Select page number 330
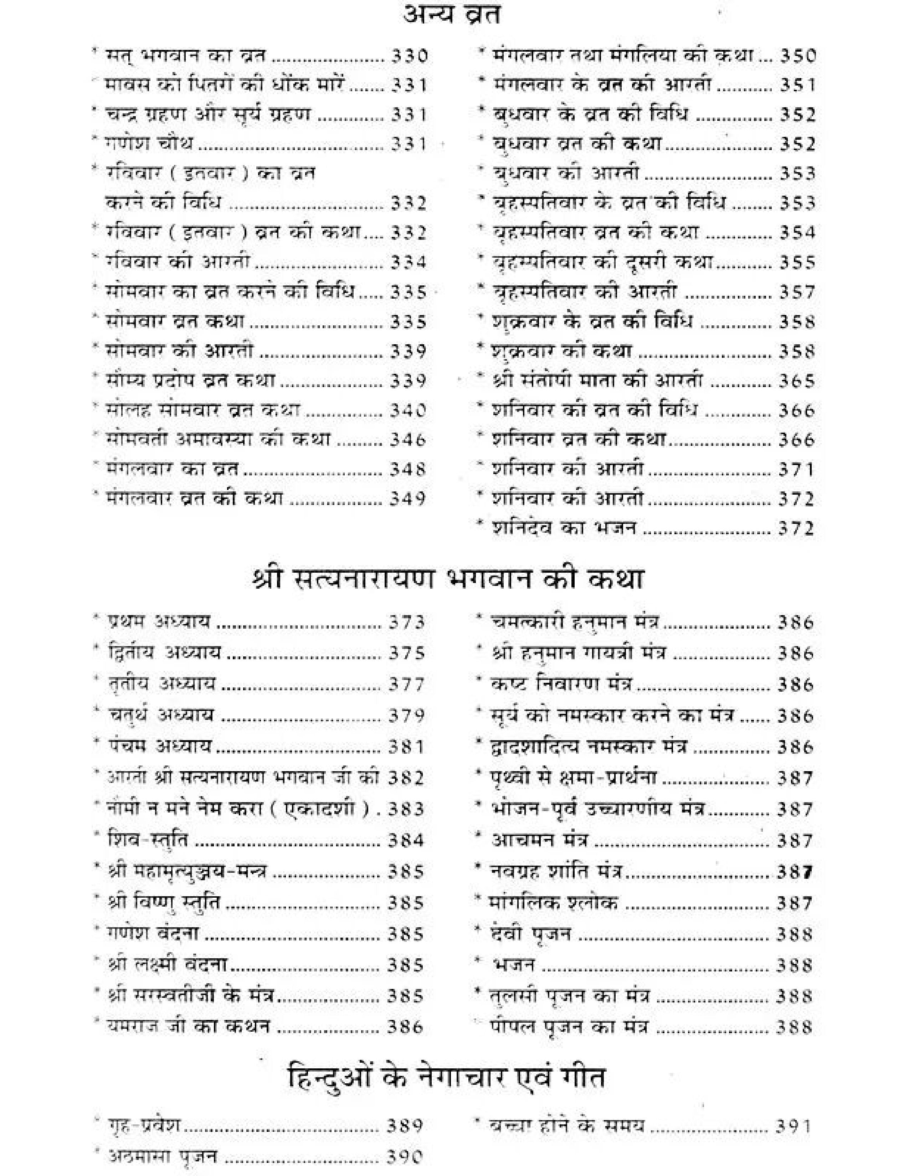click(409, 56)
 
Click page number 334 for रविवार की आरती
click(408, 262)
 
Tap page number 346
click(408, 440)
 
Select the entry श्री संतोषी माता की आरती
click(598, 381)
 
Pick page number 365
click(796, 381)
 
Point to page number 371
click(796, 470)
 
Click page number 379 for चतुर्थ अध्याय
click(407, 716)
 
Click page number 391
click(793, 1126)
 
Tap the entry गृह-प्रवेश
click(144, 1126)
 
